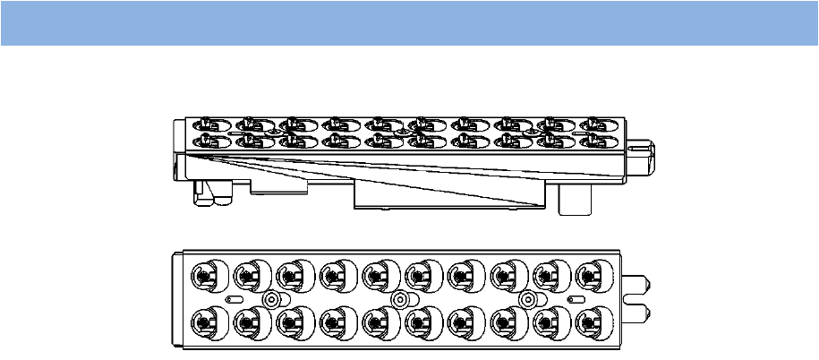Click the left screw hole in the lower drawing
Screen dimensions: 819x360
pyautogui.click(x=269, y=298)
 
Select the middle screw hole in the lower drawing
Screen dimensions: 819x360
pyautogui.click(x=399, y=298)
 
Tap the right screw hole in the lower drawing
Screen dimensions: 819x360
pyautogui.click(x=528, y=298)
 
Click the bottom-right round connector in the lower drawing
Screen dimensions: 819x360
pyautogui.click(x=592, y=321)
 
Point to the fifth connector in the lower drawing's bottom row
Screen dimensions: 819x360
pyautogui.click(x=378, y=321)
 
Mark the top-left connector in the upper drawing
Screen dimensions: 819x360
pyautogui.click(x=205, y=123)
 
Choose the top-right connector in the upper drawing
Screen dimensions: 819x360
pyautogui.click(x=594, y=123)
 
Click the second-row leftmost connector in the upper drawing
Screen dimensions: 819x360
pyautogui.click(x=205, y=140)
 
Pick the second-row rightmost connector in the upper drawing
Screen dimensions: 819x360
pyautogui.click(x=594, y=140)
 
